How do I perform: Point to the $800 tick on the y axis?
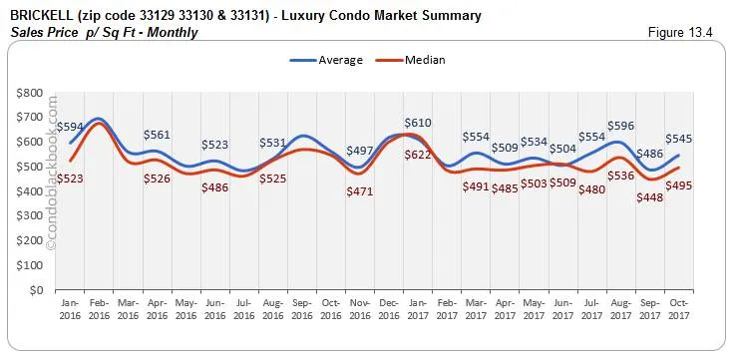28,93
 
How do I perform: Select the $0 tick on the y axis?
36,290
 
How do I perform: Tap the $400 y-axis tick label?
28,191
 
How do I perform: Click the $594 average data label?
69,127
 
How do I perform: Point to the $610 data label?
418,123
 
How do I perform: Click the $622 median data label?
418,155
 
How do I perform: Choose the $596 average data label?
621,126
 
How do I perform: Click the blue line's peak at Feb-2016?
97,119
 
